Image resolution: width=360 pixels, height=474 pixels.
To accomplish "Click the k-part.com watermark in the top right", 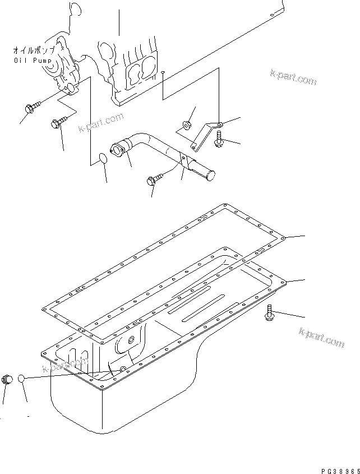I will point(293,77).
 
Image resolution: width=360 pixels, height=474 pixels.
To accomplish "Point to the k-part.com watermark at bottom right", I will point(322,338).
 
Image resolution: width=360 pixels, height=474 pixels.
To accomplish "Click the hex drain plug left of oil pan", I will point(8,380).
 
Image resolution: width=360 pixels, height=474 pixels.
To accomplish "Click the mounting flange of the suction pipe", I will point(119,148).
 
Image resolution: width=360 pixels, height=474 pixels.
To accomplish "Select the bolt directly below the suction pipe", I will point(154,180).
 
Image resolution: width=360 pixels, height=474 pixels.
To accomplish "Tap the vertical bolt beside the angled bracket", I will point(219,139).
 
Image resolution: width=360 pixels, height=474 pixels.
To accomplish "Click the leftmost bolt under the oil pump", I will point(33,107).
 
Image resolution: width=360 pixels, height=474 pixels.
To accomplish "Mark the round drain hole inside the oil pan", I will point(132,339).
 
